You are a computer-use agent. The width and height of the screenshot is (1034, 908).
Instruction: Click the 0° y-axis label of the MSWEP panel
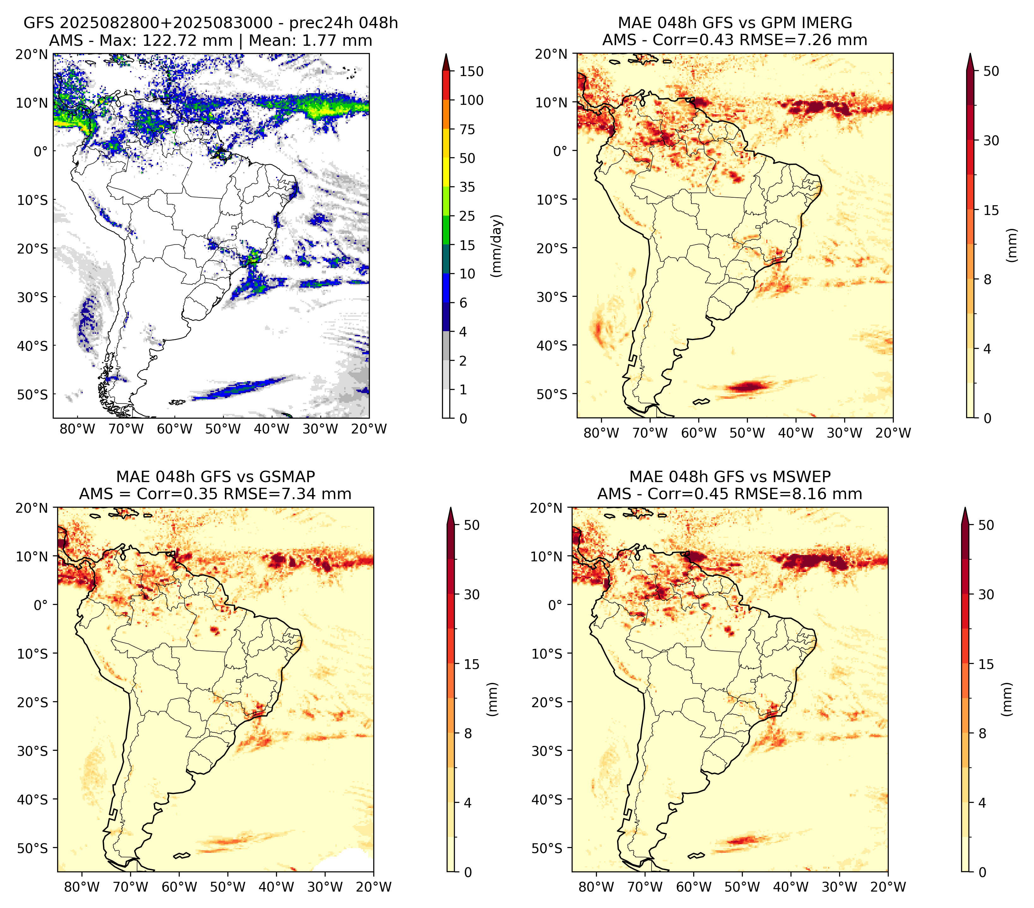[556, 605]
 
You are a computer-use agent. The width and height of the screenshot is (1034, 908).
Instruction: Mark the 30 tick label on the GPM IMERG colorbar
[991, 140]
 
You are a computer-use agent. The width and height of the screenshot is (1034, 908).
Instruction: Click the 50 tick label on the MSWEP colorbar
[986, 525]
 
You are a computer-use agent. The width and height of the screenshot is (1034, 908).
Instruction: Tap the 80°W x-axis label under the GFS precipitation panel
[77, 429]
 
